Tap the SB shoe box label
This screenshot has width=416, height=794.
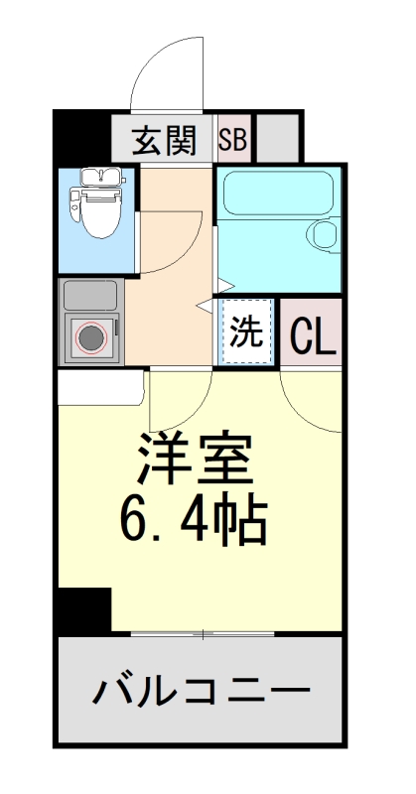(x=232, y=141)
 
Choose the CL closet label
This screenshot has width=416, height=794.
(x=313, y=337)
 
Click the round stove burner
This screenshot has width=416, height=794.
(x=92, y=339)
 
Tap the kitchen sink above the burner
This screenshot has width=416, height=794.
(x=90, y=295)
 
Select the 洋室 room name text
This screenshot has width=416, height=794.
(x=195, y=460)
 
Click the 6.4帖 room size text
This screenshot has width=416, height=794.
(x=195, y=519)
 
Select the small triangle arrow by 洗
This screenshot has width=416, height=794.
(x=205, y=307)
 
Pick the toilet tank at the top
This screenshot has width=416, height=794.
(x=96, y=178)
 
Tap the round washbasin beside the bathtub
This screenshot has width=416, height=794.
(x=325, y=235)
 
